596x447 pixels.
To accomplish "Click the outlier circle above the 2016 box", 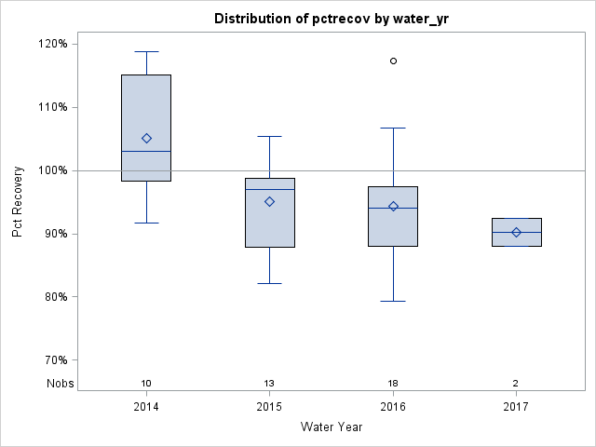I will click(393, 61).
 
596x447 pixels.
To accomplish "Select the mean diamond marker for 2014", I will click(146, 138).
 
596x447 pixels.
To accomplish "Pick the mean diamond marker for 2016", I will click(393, 206).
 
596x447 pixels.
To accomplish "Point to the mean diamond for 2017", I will click(516, 232).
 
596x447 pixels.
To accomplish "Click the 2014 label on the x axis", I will click(146, 407).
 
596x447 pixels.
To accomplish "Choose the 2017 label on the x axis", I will click(516, 407).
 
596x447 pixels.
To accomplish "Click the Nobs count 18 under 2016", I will click(393, 384).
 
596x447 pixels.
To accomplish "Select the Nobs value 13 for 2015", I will click(270, 384).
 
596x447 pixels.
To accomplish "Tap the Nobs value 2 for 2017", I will click(516, 384).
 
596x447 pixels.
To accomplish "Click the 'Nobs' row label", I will click(60, 384).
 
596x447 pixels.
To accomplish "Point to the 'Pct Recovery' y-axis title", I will click(19, 202).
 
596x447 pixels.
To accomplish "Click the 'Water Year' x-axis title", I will click(331, 427).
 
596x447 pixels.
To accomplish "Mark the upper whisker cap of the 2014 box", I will click(146, 51).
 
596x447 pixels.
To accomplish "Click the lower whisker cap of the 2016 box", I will click(393, 301).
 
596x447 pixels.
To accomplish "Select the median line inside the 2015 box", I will click(270, 189).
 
